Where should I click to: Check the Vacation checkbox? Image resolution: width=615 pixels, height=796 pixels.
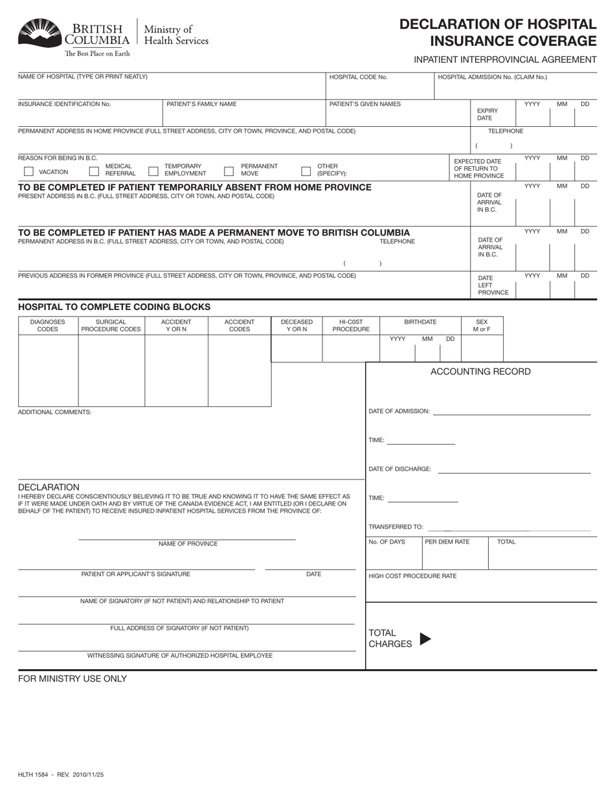coord(28,171)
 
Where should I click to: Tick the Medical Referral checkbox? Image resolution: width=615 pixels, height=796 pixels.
coord(94,171)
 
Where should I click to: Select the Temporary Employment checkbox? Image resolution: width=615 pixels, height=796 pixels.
coord(153,171)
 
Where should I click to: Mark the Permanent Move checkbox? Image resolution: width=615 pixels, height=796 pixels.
coord(229,171)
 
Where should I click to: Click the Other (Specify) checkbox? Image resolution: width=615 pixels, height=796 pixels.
coord(306,171)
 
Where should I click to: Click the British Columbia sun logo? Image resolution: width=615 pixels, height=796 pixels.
coord(40,33)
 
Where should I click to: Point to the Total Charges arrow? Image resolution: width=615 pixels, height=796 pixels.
coord(425,639)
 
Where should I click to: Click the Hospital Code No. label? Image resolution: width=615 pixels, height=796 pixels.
coord(358,77)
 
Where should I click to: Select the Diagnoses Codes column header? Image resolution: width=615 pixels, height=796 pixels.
coord(48,326)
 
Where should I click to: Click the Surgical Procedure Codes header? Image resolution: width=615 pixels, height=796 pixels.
coord(111,326)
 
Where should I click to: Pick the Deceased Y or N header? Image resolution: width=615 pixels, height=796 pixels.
coord(296,326)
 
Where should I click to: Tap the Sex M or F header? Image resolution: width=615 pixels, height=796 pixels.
coord(482,326)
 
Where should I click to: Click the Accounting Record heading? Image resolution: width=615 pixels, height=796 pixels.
coord(480,371)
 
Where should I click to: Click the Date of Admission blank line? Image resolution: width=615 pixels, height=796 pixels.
coord(511,412)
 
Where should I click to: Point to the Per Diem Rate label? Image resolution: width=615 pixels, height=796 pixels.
coord(447,542)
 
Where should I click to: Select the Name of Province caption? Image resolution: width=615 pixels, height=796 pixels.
coord(188,544)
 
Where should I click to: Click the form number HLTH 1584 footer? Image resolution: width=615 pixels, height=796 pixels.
coord(61,774)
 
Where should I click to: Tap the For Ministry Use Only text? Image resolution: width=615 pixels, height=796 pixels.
coord(73,679)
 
